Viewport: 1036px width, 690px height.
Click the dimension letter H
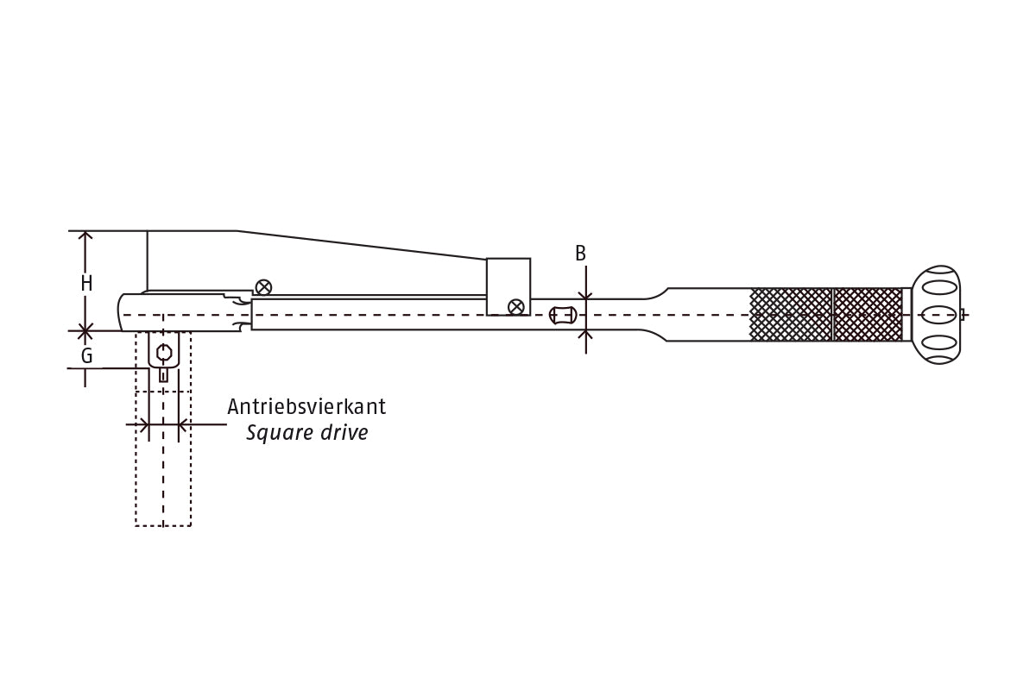[x=86, y=282]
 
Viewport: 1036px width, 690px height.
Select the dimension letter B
[x=580, y=254]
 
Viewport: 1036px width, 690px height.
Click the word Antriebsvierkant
[x=306, y=406]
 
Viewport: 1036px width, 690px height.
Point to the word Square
[x=278, y=433]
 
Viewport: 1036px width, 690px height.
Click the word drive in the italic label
[x=344, y=432]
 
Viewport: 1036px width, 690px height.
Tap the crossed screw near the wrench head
[x=264, y=287]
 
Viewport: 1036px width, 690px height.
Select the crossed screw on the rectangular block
[x=515, y=306]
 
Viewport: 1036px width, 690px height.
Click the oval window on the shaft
[x=562, y=315]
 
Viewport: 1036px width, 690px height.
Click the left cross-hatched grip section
[x=790, y=314]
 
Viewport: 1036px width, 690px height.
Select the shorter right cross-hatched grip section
[x=868, y=314]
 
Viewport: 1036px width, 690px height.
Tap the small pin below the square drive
[x=163, y=374]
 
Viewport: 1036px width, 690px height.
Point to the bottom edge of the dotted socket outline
[x=163, y=525]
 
